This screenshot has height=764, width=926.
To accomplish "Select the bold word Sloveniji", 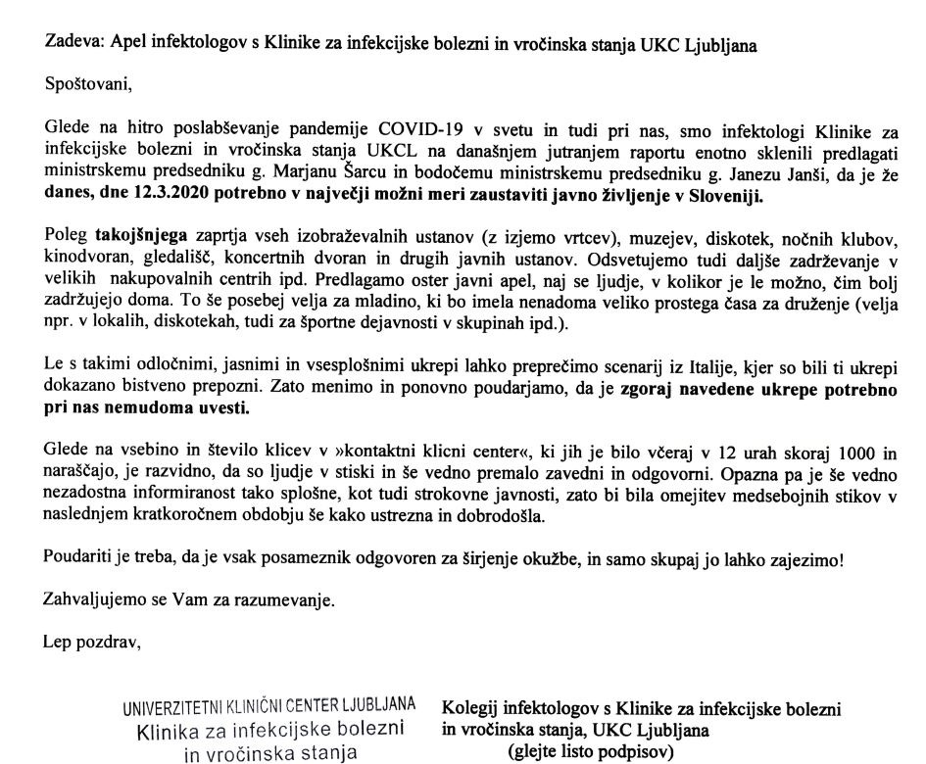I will tap(724, 194).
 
